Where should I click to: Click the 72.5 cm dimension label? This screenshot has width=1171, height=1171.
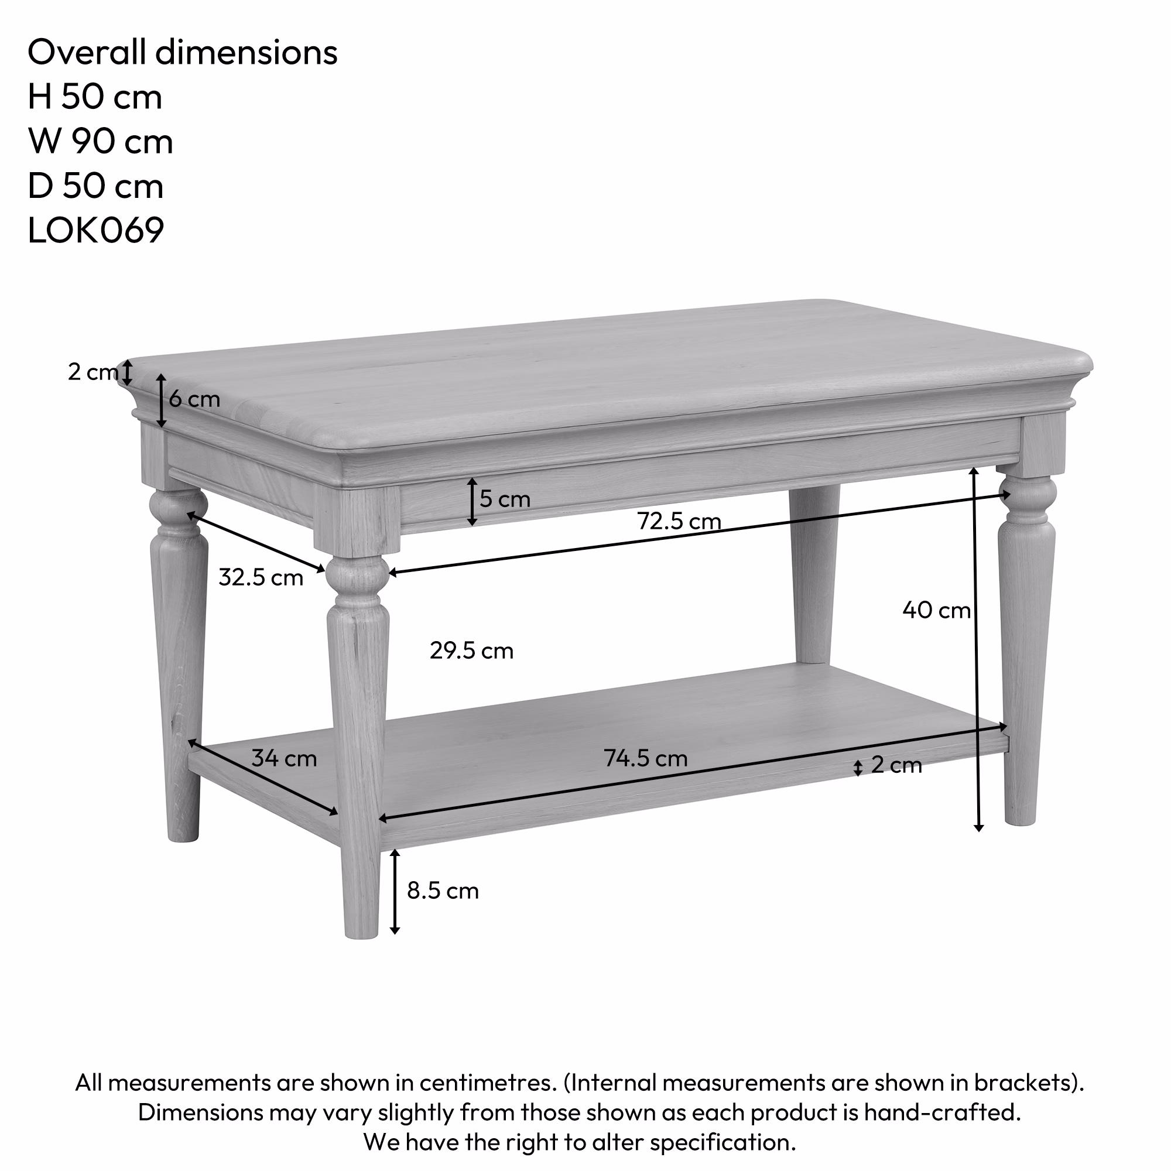(x=679, y=521)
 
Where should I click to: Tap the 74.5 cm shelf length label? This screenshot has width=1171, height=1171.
(x=645, y=758)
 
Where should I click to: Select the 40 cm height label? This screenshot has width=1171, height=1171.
(x=936, y=610)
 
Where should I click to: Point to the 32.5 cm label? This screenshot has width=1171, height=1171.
(x=261, y=578)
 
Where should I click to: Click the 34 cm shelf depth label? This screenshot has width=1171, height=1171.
(x=283, y=758)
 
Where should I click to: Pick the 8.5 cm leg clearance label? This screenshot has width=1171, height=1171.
(x=443, y=891)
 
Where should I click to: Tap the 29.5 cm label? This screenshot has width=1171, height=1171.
(x=471, y=651)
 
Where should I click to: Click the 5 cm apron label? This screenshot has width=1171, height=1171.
(x=504, y=499)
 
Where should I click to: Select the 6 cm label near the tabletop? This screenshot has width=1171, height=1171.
(x=194, y=399)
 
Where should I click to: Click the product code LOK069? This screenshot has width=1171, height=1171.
(x=96, y=231)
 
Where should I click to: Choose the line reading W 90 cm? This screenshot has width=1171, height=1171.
(x=101, y=142)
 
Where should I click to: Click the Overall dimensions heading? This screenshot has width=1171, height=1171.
(x=183, y=52)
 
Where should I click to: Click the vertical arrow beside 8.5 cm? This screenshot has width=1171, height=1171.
(x=395, y=891)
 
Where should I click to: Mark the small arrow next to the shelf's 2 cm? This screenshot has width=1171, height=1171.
(x=857, y=769)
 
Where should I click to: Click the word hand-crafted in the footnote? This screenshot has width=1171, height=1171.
(x=942, y=1112)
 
